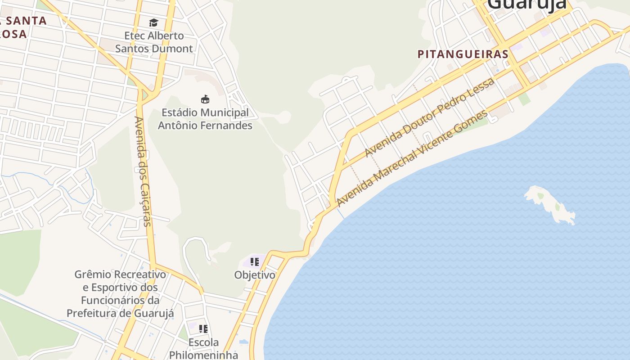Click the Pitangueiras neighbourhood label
coord(463,54)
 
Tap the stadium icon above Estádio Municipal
coord(205,99)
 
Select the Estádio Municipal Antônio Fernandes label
coord(205,119)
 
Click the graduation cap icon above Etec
coord(154,22)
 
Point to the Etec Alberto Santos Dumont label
coord(154,42)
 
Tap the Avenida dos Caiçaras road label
coord(144,171)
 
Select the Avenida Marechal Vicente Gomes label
coord(411,158)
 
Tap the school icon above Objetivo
coord(255,261)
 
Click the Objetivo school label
coord(255,275)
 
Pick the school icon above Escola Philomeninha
coord(203,329)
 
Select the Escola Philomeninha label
coord(203,349)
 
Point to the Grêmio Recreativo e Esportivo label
coord(120,293)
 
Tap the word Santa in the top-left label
coord(27,21)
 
